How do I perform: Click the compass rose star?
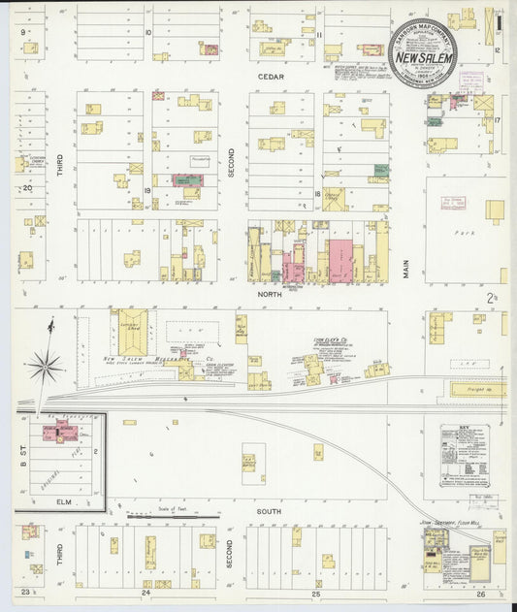45,366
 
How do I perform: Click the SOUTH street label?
269,511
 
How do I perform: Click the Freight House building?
478,389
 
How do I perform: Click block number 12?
495,48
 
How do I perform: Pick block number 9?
23,31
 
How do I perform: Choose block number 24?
145,592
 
